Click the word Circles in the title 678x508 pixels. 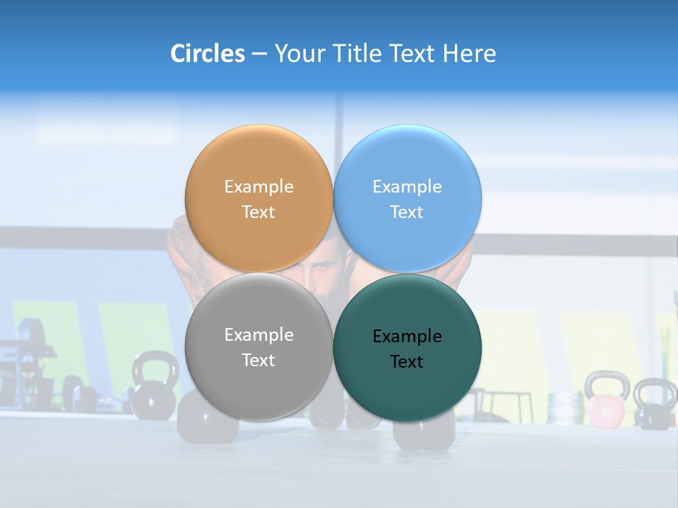tap(207, 54)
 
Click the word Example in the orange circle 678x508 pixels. tap(258, 187)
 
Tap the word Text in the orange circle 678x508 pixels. tap(258, 212)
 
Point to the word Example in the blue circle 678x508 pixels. tap(407, 187)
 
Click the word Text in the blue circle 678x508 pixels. tap(407, 212)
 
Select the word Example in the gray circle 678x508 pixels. tap(258, 335)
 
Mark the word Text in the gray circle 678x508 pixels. tap(258, 361)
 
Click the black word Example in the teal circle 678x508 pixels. tap(407, 337)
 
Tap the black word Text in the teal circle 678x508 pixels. tap(407, 362)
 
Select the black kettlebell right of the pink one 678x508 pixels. tap(655, 404)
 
